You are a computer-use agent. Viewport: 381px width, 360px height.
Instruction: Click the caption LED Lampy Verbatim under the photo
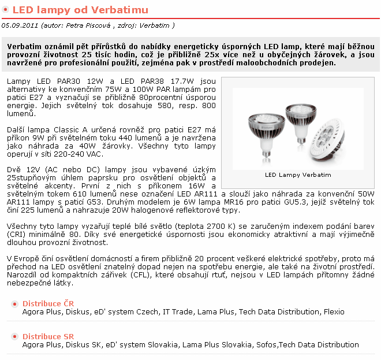pyautogui.click(x=298, y=174)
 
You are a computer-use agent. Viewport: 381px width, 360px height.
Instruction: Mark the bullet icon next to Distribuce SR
pyautogui.click(x=14, y=336)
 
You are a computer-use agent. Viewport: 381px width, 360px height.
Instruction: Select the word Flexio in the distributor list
pyautogui.click(x=334, y=312)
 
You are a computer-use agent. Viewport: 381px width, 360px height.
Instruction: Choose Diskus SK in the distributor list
pyautogui.click(x=83, y=345)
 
